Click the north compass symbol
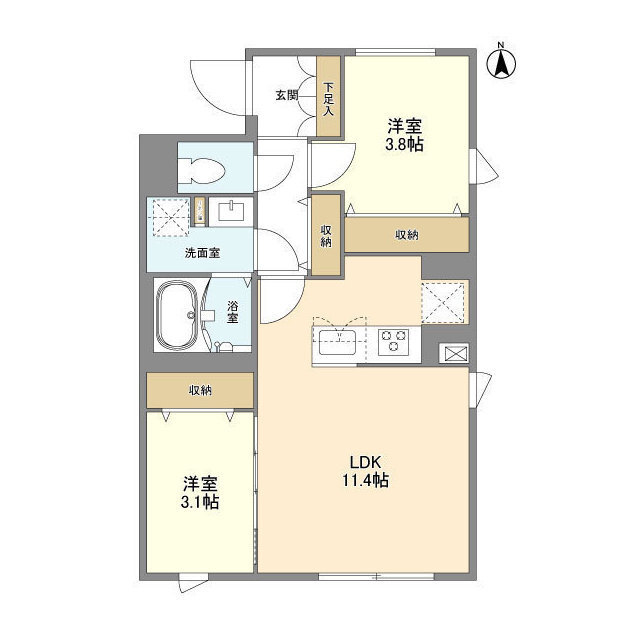(x=501, y=62)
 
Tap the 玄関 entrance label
(x=286, y=96)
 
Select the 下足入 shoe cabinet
(x=328, y=94)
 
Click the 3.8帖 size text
(x=406, y=144)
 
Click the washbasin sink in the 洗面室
(x=231, y=210)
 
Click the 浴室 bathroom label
(x=232, y=312)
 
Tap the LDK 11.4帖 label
(x=368, y=471)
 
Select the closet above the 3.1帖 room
(x=200, y=390)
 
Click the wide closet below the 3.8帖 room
(x=406, y=235)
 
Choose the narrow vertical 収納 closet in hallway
(x=326, y=235)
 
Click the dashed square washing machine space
(x=167, y=217)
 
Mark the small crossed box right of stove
(x=453, y=353)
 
